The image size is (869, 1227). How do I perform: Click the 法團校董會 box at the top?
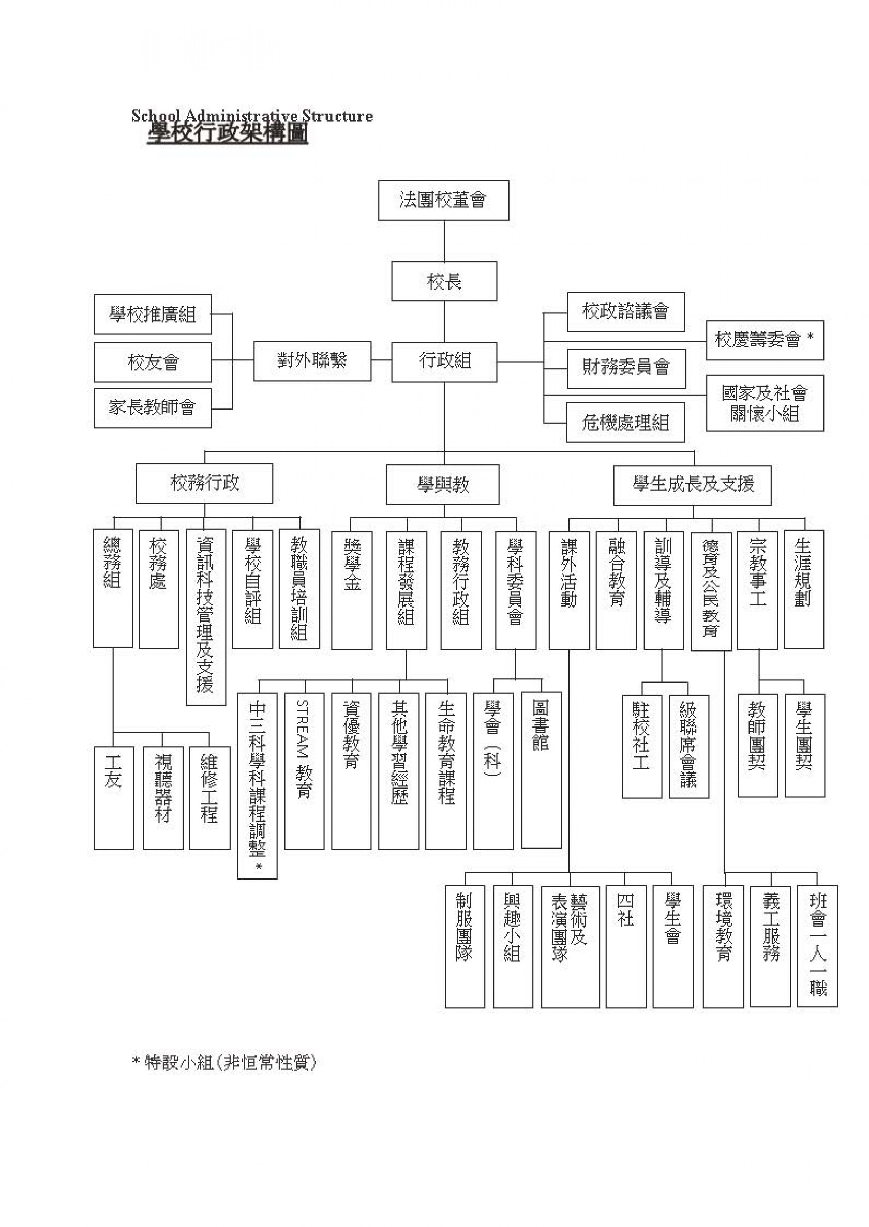[x=444, y=201]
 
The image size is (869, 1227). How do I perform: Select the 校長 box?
[x=444, y=281]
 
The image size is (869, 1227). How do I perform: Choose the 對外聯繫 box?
[x=312, y=360]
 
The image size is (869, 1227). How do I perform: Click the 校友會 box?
[x=153, y=362]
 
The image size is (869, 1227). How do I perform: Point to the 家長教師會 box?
[x=153, y=408]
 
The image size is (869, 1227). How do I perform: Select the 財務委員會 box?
[x=626, y=369]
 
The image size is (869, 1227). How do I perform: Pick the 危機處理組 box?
[x=625, y=422]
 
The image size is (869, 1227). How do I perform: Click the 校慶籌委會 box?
[x=765, y=340]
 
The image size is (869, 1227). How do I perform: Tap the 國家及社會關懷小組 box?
[x=765, y=403]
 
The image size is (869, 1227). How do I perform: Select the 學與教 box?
[x=443, y=484]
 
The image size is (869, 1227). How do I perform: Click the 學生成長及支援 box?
[x=693, y=485]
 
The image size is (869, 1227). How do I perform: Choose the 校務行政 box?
[x=204, y=483]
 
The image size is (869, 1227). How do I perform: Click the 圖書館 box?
[x=542, y=770]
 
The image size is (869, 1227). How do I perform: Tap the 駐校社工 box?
[x=642, y=747]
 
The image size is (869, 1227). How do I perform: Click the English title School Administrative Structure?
[x=252, y=115]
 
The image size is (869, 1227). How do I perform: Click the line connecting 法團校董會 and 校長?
[x=444, y=241]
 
